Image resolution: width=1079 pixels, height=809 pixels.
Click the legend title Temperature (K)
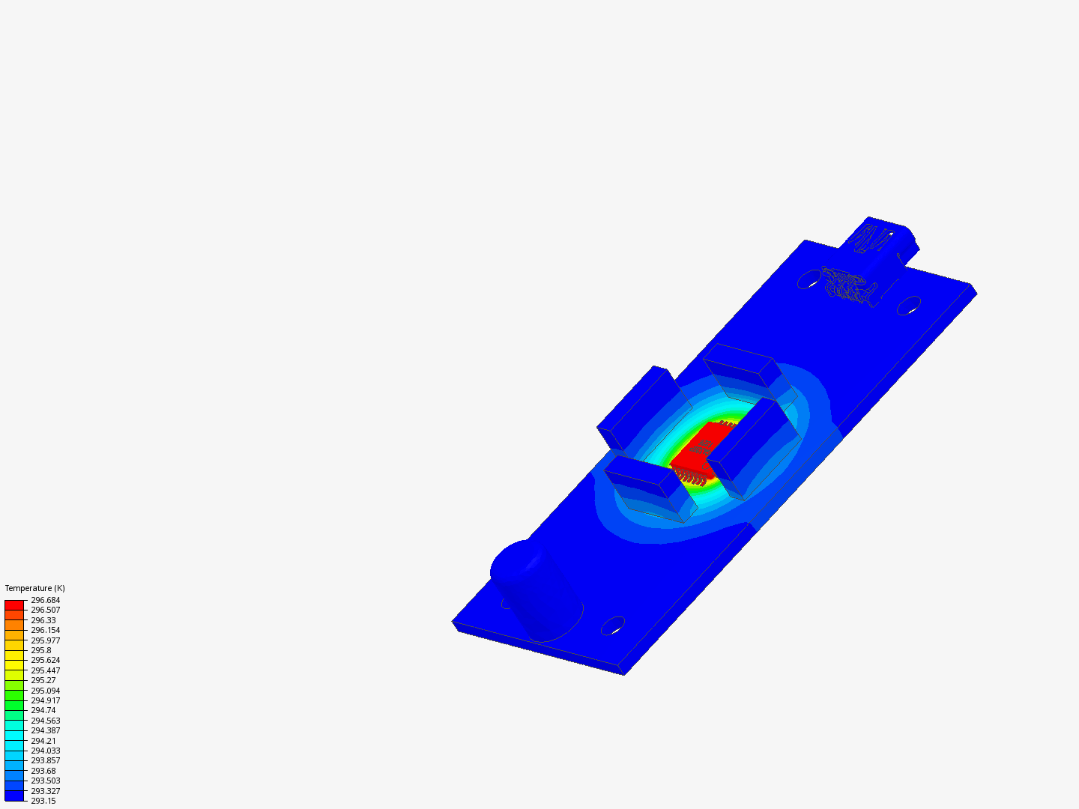click(35, 588)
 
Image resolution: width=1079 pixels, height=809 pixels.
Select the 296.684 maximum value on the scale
click(45, 600)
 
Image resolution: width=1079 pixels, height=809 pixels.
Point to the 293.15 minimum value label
click(43, 802)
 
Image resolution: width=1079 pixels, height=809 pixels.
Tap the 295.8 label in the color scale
click(40, 650)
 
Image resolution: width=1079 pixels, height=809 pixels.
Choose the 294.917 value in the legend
click(45, 700)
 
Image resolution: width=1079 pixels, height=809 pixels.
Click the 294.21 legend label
click(43, 741)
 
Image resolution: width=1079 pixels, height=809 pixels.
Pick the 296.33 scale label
click(43, 620)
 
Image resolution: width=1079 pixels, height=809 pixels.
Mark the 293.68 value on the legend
click(43, 771)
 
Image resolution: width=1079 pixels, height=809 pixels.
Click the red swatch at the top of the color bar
click(14, 605)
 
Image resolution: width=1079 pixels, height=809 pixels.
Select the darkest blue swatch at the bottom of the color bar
click(14, 796)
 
